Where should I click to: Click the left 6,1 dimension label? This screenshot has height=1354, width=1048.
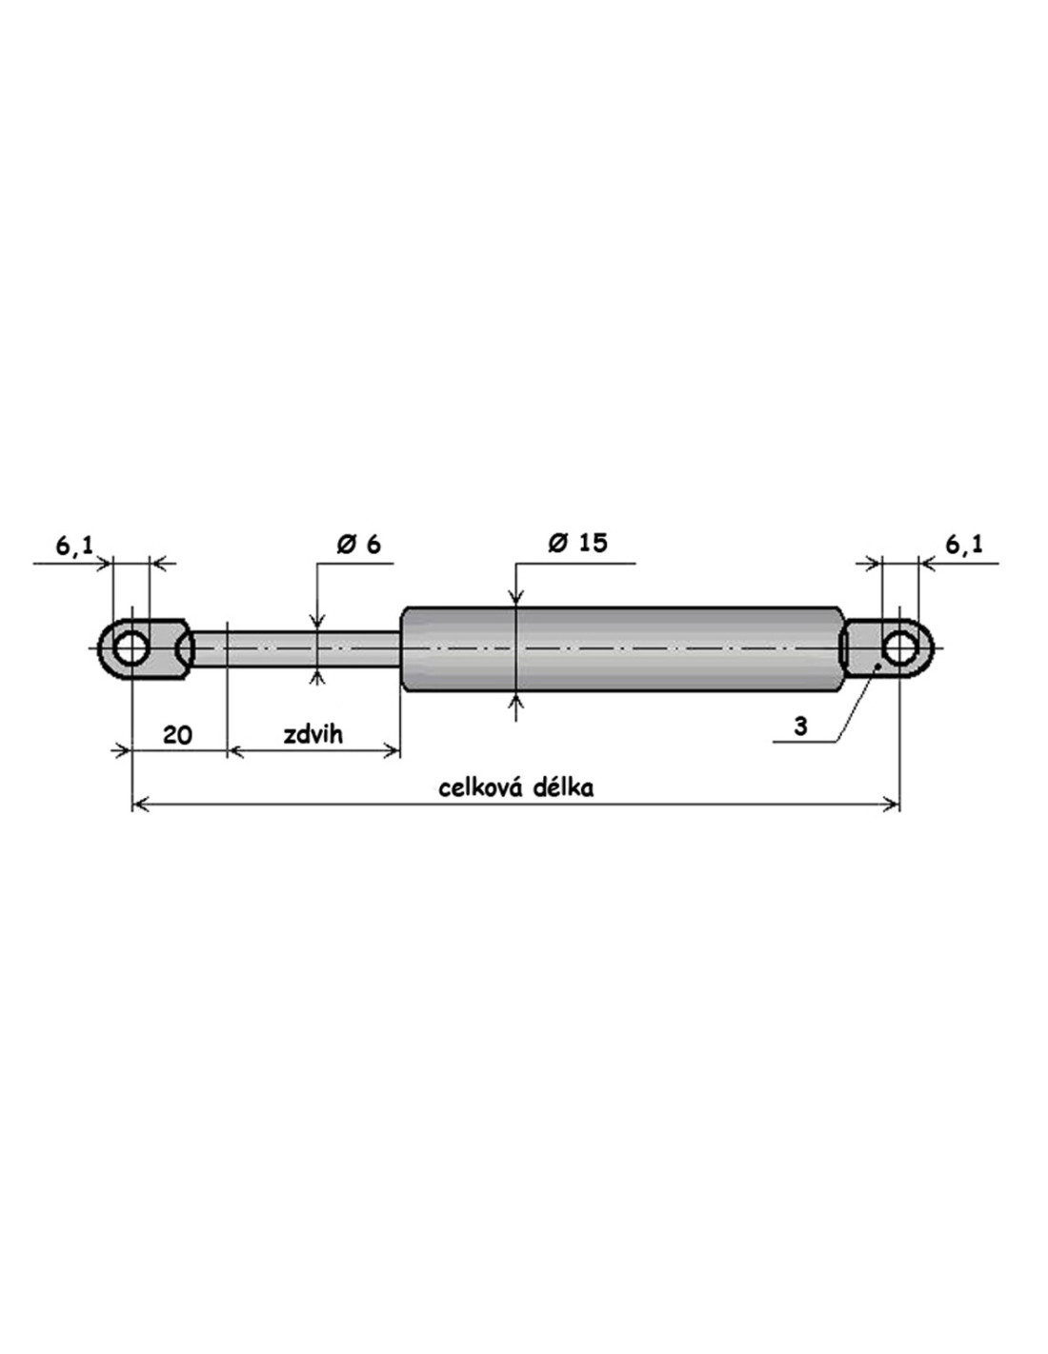point(74,546)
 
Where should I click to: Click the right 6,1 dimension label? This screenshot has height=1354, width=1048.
point(963,545)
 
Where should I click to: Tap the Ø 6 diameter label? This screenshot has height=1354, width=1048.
point(358,544)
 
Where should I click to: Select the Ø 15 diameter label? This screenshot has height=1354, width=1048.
point(577,543)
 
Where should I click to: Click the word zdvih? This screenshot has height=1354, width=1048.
point(312,734)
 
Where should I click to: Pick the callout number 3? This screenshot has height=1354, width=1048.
point(801,726)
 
